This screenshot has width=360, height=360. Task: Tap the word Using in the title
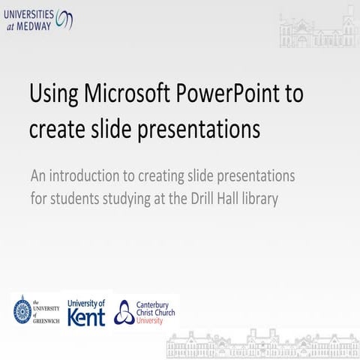[x=53, y=95]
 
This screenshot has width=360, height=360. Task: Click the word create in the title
[x=54, y=129]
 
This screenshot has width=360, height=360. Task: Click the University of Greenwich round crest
[x=22, y=310]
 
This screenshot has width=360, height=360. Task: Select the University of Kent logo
[x=86, y=311]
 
